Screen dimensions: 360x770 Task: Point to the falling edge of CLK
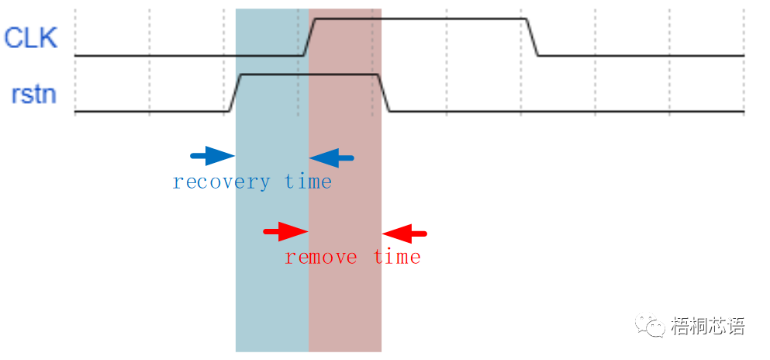[533, 37]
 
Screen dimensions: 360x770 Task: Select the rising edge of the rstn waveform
[236, 93]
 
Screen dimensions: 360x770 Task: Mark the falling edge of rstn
[383, 93]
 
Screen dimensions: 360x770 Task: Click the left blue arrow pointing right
[212, 157]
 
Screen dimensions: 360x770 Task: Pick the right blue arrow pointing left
[332, 158]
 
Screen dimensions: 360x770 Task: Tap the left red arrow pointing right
[285, 231]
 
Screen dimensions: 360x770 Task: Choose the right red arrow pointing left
[405, 232]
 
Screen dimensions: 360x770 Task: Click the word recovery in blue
[221, 182]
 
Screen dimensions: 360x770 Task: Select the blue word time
[308, 182]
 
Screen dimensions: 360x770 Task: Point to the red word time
[397, 257]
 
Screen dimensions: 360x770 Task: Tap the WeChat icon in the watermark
[650, 325]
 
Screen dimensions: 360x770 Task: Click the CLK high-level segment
[419, 19]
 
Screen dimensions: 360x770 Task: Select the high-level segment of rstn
[310, 74]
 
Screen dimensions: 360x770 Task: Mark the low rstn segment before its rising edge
[151, 112]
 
